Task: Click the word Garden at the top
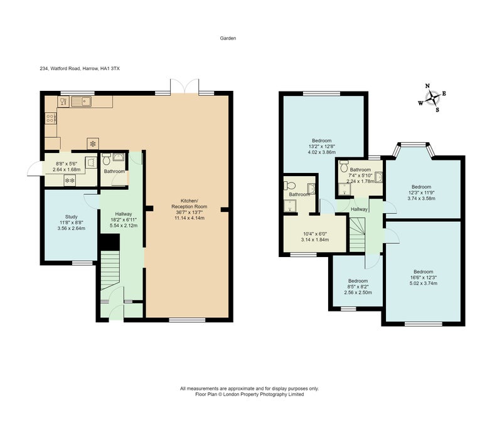tap(228, 38)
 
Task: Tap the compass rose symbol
tap(432, 98)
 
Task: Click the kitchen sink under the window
tap(82, 102)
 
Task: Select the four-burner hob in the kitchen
tap(51, 118)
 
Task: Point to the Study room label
tap(72, 217)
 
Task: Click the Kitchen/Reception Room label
tap(190, 204)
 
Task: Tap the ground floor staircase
tap(110, 270)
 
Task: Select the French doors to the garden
tap(184, 87)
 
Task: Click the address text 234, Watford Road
tap(60, 68)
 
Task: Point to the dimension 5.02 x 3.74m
tap(423, 283)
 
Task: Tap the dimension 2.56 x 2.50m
tap(358, 293)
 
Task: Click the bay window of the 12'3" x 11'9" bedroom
tap(415, 150)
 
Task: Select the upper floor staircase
tap(357, 234)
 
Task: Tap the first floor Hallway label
tap(359, 209)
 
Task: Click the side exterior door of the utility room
tap(35, 168)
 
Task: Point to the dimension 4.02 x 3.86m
tap(322, 152)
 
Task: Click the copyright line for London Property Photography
tap(249, 394)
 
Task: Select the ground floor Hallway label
tap(124, 214)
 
